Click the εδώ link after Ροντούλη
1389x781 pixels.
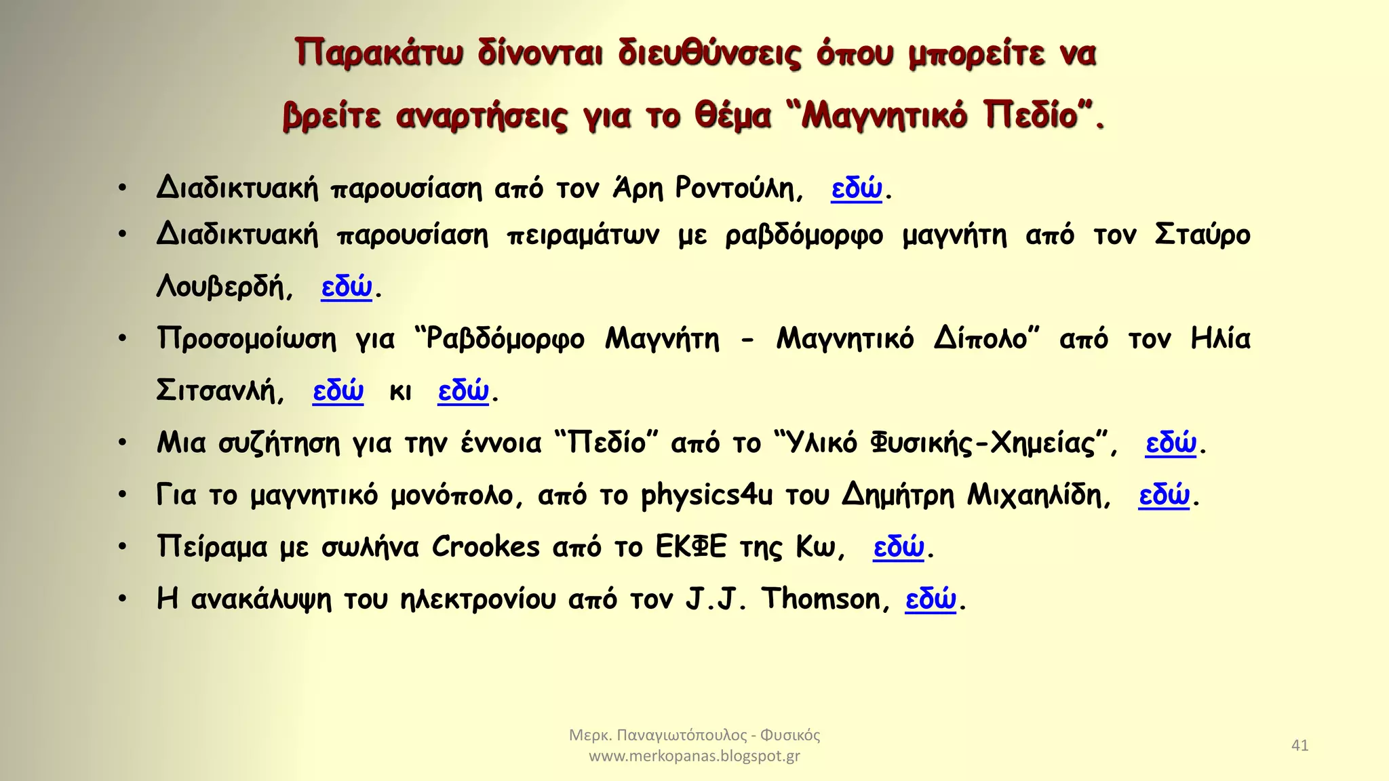point(857,188)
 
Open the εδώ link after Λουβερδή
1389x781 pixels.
point(347,287)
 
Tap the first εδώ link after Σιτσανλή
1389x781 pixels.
point(338,390)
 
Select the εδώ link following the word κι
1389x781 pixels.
point(463,390)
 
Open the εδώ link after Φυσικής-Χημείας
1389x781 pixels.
point(1171,443)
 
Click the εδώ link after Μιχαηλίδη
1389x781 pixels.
point(1164,495)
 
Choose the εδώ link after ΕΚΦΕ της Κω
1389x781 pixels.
point(899,546)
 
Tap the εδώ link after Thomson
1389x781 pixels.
point(931,599)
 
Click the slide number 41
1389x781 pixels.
point(1299,745)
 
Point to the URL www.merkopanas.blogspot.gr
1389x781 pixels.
point(694,756)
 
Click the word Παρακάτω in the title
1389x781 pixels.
point(379,53)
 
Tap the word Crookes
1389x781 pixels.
point(486,546)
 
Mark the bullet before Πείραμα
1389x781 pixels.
point(123,546)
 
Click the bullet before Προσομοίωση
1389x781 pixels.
point(123,338)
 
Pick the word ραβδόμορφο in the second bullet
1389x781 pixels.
point(804,235)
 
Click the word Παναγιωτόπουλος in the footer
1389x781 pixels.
point(682,735)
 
